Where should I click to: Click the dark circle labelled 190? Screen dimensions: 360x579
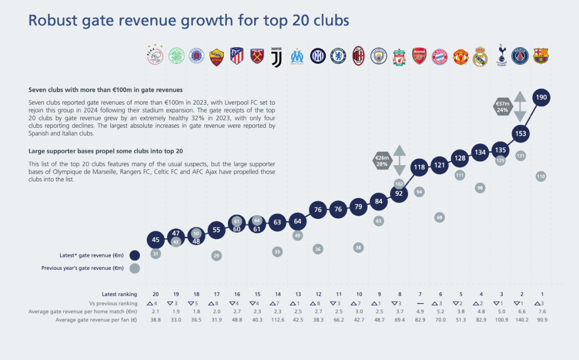click(541, 97)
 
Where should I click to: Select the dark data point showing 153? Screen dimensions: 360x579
click(520, 133)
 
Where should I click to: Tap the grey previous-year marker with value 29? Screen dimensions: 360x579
click(216, 255)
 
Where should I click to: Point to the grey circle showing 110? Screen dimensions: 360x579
click(541, 176)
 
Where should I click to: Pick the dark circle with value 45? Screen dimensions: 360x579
click(155, 240)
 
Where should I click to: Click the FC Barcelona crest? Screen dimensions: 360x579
click(541, 56)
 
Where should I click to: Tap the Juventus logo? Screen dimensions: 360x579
click(277, 56)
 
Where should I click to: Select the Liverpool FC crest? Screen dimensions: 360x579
click(399, 56)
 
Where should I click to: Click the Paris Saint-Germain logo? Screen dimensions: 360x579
click(520, 56)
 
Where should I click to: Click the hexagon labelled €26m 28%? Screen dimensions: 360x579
click(382, 161)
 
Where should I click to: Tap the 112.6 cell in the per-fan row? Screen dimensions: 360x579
click(277, 320)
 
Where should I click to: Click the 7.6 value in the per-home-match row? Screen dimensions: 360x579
click(542, 311)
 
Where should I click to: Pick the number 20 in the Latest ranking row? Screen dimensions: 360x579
click(155, 294)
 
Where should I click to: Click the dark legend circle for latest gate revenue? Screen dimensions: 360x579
click(135, 255)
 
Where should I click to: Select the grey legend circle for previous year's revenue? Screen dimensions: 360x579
click(135, 268)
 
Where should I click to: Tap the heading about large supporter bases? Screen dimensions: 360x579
click(106, 151)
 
